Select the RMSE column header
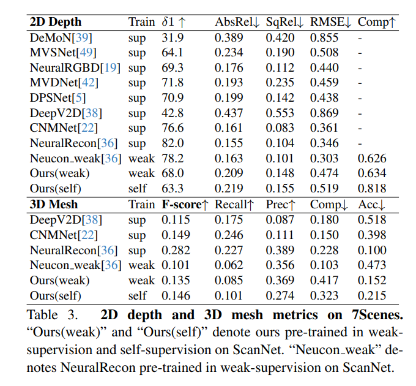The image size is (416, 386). (x=330, y=22)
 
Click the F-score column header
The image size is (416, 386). (x=185, y=205)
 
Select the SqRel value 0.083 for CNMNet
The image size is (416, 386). (x=279, y=128)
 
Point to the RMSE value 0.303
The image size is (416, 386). (x=324, y=159)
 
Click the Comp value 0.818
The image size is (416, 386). (x=372, y=189)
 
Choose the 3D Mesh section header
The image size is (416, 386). (x=54, y=205)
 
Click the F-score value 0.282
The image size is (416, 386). (x=176, y=250)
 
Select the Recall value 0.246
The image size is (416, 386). (x=228, y=235)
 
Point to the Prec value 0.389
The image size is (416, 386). (x=279, y=250)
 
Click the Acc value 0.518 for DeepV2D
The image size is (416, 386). (x=372, y=219)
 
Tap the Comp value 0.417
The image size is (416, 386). (x=324, y=280)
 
